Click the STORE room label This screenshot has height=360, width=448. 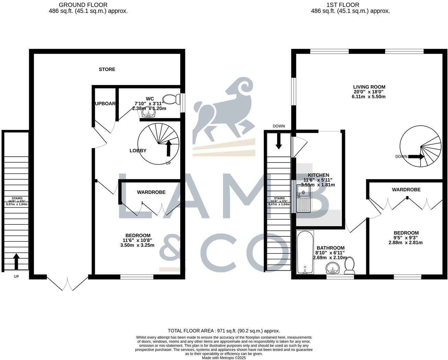107,69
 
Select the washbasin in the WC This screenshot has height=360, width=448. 149,114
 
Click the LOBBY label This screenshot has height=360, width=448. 138,150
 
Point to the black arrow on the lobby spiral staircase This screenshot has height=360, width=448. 168,148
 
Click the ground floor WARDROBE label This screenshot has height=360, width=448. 151,192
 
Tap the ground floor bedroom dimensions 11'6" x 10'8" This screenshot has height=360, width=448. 137,240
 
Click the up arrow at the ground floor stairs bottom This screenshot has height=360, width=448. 16,261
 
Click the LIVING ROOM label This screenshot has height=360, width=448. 369,87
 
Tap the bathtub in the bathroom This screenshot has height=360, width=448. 305,252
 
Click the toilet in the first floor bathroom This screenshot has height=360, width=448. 349,266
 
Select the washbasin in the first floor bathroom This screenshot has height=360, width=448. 333,268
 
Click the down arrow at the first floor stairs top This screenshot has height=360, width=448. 279,140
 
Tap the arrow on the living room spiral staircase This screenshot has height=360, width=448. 416,157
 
